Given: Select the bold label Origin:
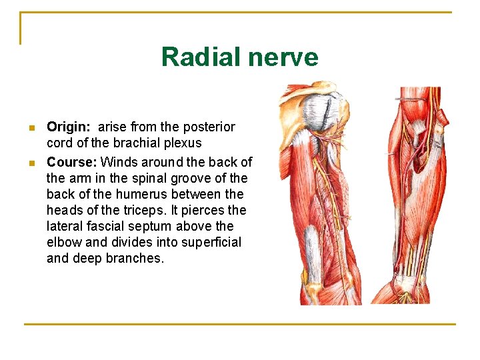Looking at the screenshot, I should click(x=67, y=127).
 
